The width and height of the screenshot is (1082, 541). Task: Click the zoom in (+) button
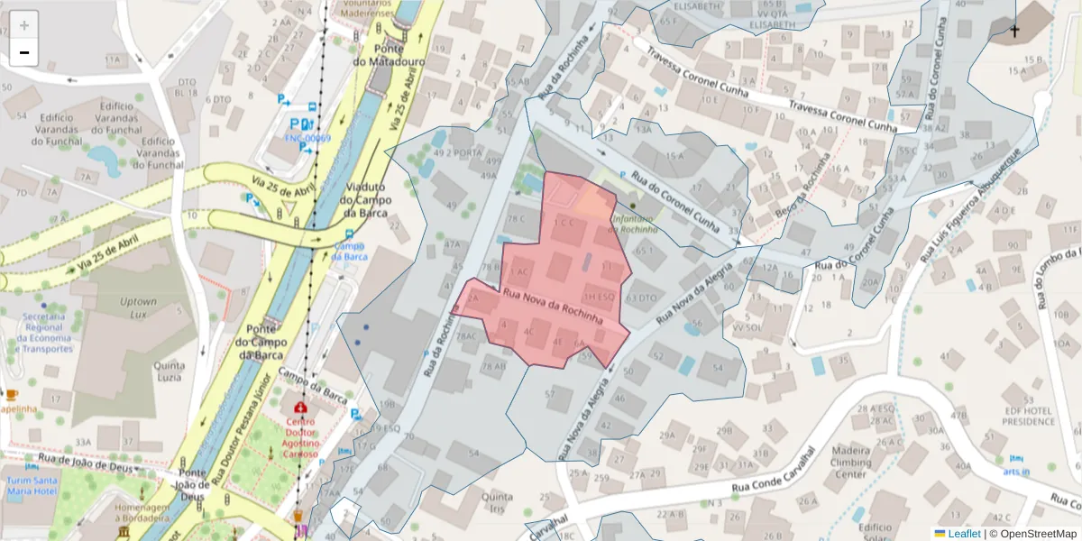click(x=24, y=25)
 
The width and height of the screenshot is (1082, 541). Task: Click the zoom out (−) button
click(x=24, y=52)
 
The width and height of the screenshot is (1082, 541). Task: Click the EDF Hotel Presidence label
click(x=1027, y=416)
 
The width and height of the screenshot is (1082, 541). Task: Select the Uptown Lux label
click(x=138, y=308)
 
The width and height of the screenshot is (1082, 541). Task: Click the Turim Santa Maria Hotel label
click(x=32, y=486)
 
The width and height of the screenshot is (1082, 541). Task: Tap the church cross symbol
click(x=1014, y=32)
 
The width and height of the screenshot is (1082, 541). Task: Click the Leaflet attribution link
click(x=964, y=534)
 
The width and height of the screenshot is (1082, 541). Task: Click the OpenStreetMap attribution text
click(x=1032, y=534)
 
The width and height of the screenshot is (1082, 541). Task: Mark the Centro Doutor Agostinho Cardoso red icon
click(x=299, y=408)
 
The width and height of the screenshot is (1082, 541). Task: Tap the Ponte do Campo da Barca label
click(x=261, y=342)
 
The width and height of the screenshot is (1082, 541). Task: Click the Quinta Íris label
click(x=498, y=502)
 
